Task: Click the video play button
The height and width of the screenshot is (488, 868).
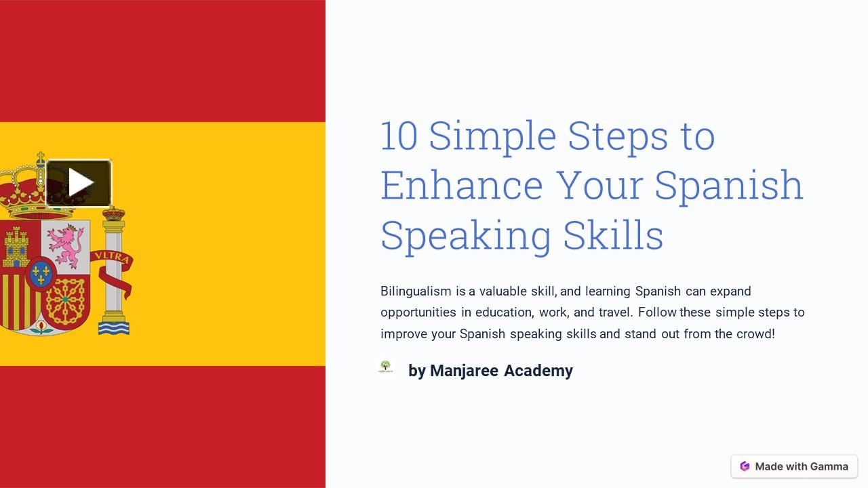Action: click(x=79, y=183)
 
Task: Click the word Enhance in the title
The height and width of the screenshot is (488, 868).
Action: click(x=462, y=185)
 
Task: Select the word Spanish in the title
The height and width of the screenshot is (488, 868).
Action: click(x=729, y=185)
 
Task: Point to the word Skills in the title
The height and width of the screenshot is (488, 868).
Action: click(x=613, y=235)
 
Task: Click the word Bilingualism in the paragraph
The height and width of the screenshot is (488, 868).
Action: click(x=416, y=291)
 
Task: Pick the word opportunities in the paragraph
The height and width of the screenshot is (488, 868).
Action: click(x=418, y=312)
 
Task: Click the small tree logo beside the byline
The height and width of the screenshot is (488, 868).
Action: click(x=386, y=367)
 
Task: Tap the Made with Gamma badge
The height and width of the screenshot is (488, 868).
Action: click(x=794, y=466)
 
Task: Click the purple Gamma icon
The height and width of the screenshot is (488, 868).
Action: click(x=745, y=466)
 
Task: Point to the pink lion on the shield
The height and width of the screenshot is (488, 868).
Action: click(x=65, y=245)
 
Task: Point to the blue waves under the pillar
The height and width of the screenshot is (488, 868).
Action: click(x=113, y=328)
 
